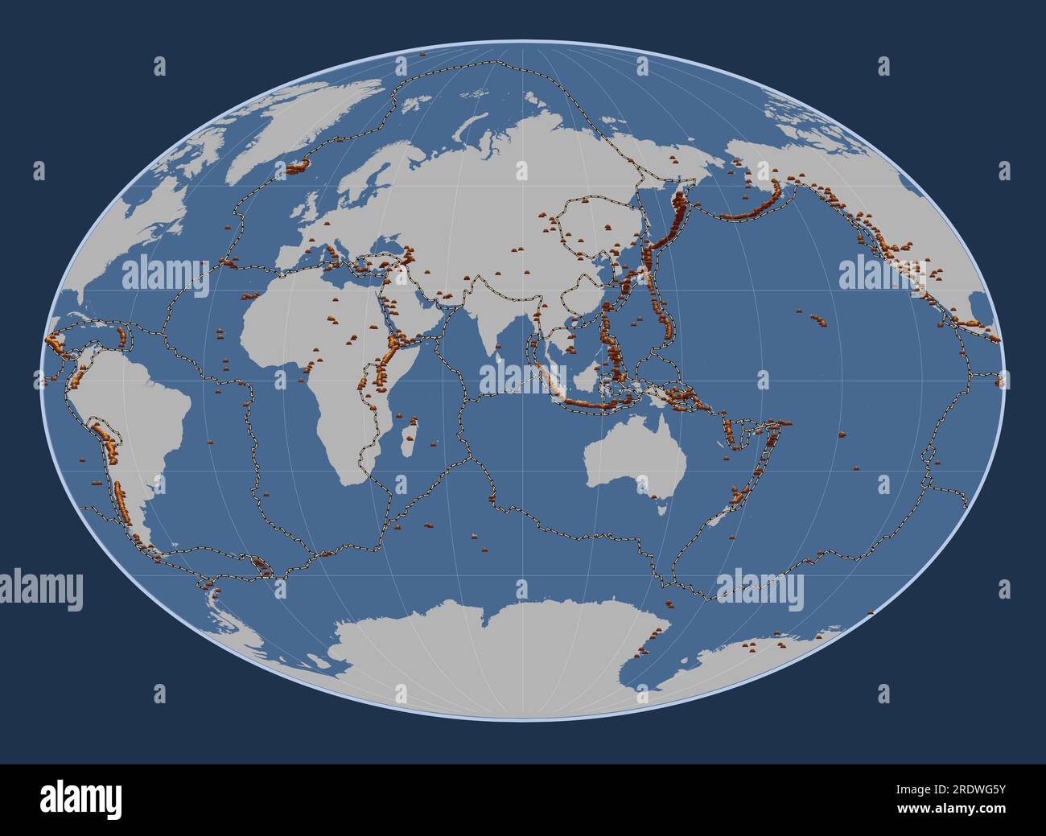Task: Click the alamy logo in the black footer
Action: [x=81, y=799]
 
